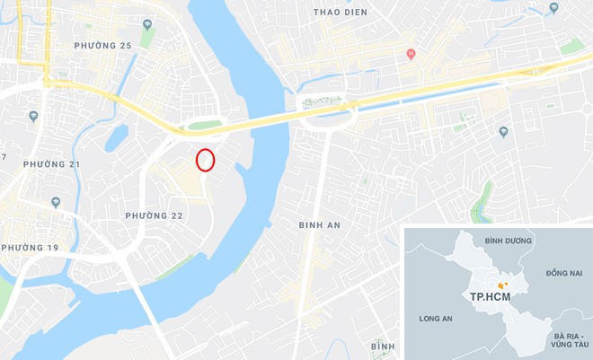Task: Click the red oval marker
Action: click(206, 160)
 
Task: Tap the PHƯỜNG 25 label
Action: click(102, 45)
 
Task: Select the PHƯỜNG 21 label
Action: click(51, 164)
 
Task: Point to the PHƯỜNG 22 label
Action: click(154, 215)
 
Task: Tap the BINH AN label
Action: click(320, 225)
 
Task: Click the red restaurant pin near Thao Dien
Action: click(411, 54)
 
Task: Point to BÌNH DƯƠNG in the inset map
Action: click(508, 241)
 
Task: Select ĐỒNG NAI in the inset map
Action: click(563, 272)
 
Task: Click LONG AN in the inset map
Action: click(436, 319)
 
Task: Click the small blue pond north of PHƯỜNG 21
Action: click(117, 137)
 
